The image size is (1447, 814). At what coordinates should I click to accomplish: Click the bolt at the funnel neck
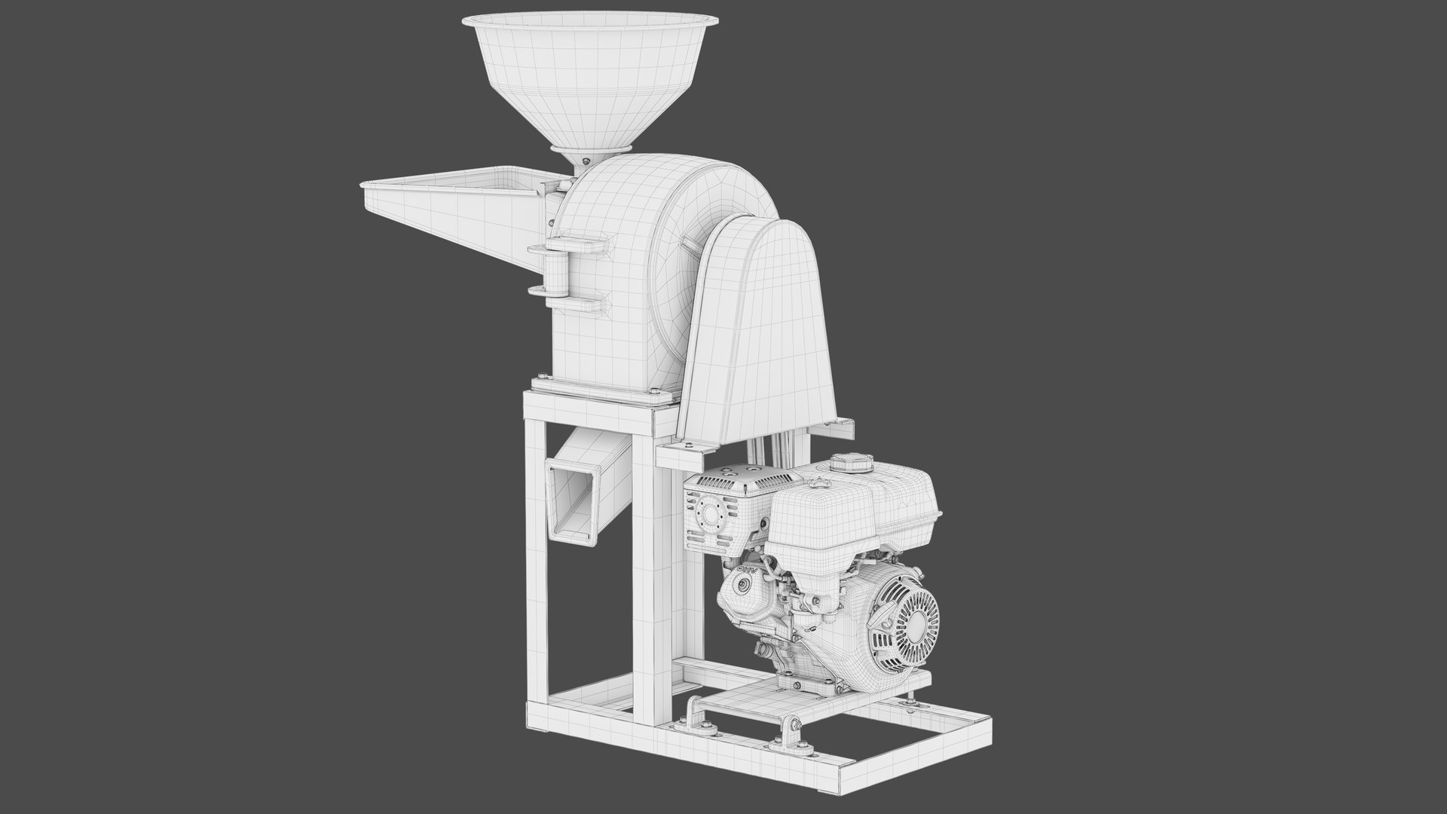click(586, 161)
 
